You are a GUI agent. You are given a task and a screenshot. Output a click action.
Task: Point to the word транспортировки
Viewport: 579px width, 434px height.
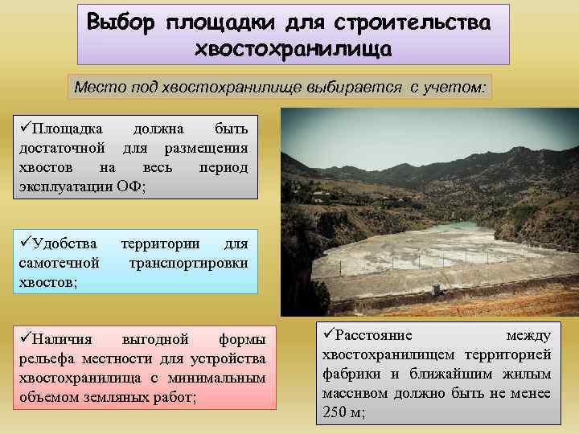(x=188, y=263)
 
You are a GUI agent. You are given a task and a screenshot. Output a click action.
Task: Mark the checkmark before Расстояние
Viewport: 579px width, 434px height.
(x=327, y=334)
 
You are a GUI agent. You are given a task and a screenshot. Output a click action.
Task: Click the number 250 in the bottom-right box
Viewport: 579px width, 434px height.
(x=335, y=412)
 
